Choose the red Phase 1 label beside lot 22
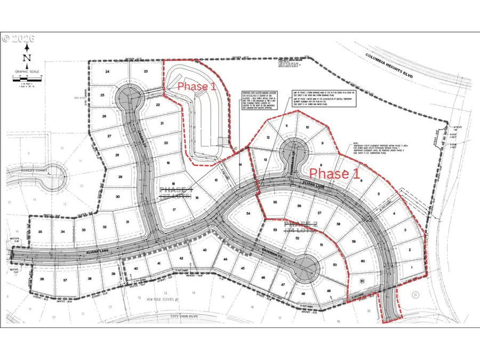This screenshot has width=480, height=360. click(197, 86)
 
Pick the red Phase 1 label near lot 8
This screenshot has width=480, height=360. click(335, 173)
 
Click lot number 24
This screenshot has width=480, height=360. click(107, 71)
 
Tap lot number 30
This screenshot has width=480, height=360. click(118, 196)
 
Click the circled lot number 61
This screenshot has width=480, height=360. click(363, 281)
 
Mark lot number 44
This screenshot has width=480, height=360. click(226, 259)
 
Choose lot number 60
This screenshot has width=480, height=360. click(362, 261)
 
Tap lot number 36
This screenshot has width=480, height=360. click(43, 279)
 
